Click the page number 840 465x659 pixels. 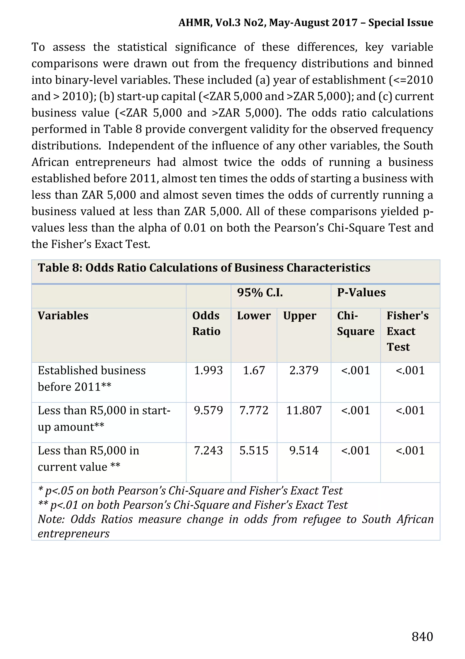[x=422, y=636]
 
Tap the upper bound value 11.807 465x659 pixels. [x=304, y=410]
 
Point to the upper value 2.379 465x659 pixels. [x=304, y=370]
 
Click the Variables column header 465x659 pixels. [x=63, y=316]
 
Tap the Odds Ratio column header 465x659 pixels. [x=206, y=323]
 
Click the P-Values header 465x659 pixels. [x=361, y=293]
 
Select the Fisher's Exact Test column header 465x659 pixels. [x=407, y=331]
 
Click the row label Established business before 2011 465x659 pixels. [x=92, y=378]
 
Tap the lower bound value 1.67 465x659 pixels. [x=254, y=370]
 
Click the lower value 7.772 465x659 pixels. [x=254, y=410]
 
